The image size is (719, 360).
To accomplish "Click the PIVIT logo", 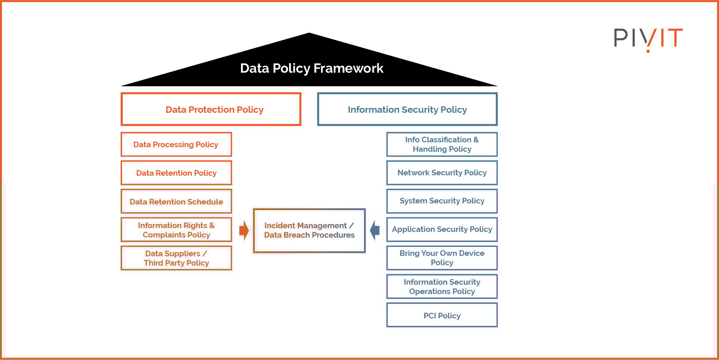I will click(x=648, y=38).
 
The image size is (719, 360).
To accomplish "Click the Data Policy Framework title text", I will click(x=311, y=68).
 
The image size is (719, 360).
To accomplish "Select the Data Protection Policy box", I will click(x=211, y=109).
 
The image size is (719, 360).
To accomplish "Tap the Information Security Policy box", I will click(x=407, y=109).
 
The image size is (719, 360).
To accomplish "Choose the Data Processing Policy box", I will click(x=176, y=145).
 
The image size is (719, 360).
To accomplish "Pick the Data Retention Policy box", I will click(x=176, y=173).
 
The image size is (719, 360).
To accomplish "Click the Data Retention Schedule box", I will click(x=176, y=202).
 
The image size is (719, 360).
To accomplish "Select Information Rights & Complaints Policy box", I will click(x=176, y=230).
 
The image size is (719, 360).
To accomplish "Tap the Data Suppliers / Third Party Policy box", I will click(x=176, y=258).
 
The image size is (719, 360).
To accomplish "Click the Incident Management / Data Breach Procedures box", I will click(x=309, y=230).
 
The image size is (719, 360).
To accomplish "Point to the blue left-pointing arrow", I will click(x=375, y=230).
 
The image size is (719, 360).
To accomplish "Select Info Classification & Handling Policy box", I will click(x=442, y=144).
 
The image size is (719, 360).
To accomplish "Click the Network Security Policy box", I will click(x=442, y=173).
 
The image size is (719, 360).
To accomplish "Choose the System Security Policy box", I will click(x=442, y=201).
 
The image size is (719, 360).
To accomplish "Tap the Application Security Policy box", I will click(x=442, y=229).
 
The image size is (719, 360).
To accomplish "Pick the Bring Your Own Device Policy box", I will click(x=442, y=258).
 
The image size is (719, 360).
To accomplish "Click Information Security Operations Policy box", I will click(x=442, y=287).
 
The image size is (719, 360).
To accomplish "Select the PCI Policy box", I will click(x=442, y=315).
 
